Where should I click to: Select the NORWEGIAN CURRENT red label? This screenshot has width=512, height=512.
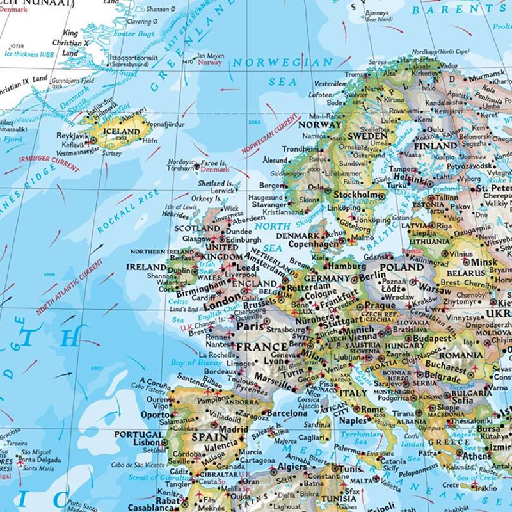point(269,134)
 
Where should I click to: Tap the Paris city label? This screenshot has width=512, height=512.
point(251,326)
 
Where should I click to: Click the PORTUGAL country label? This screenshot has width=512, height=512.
point(138,435)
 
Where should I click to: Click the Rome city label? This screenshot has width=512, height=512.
point(372,409)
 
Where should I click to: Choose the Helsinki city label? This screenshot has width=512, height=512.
point(392,177)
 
